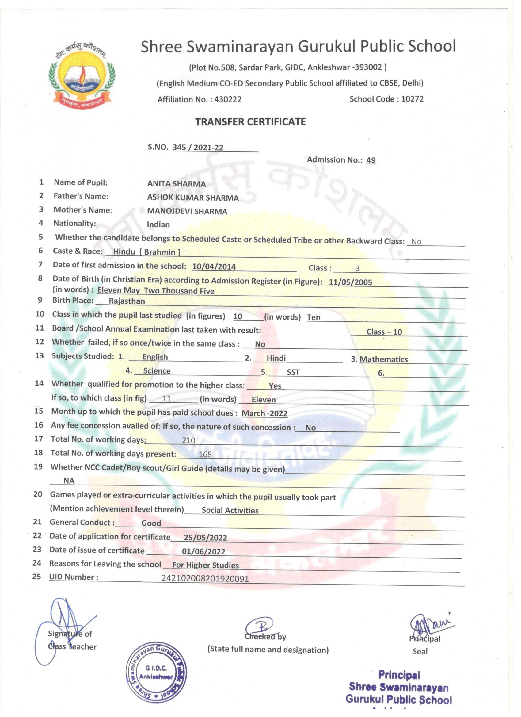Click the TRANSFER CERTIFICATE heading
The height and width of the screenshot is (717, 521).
(x=250, y=122)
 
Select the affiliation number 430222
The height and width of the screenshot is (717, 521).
(x=228, y=99)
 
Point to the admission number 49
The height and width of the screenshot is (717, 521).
(x=371, y=160)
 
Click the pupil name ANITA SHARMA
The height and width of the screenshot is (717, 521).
(x=176, y=184)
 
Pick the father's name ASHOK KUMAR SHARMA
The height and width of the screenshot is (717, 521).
(x=193, y=197)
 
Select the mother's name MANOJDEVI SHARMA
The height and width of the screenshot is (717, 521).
(x=187, y=211)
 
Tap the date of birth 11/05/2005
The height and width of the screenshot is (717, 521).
(x=350, y=282)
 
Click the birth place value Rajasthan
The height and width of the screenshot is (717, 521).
(x=127, y=301)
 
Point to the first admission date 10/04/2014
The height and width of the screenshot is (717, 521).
(x=214, y=266)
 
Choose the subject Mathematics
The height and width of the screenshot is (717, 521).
(x=384, y=359)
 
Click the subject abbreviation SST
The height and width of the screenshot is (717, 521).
(x=293, y=372)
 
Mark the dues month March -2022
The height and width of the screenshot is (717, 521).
(x=264, y=413)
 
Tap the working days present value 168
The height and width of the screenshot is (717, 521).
(x=205, y=454)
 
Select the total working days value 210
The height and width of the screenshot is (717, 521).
(x=188, y=440)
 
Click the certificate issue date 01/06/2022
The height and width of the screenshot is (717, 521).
(x=203, y=552)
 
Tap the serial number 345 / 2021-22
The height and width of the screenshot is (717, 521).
(x=198, y=147)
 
